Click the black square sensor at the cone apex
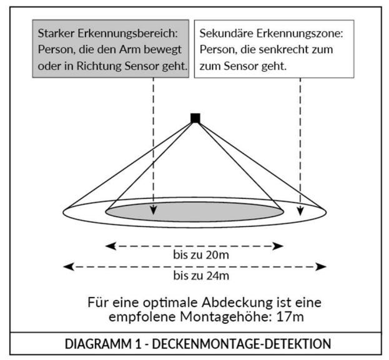click(x=195, y=118)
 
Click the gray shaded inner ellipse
click(x=195, y=210)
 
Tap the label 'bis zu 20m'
click(x=195, y=256)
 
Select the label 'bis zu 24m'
click(x=195, y=276)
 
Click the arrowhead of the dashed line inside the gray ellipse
click(x=154, y=216)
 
